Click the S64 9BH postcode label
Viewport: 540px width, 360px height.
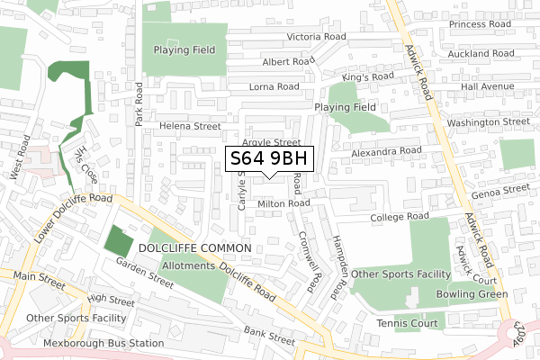click(269, 159)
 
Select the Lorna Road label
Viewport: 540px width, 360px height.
click(275, 87)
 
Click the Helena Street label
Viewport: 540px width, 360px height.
click(191, 127)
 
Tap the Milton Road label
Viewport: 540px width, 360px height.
click(283, 204)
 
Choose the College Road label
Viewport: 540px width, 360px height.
click(399, 218)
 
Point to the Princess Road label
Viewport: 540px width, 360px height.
click(481, 24)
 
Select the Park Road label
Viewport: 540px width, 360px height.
click(139, 105)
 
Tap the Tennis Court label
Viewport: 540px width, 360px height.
click(408, 323)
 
